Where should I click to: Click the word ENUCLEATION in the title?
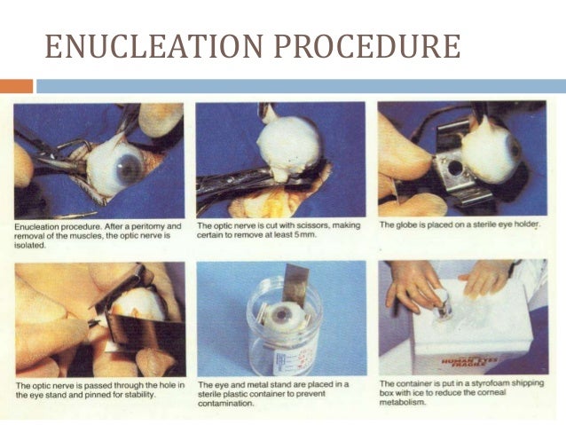pos(151,47)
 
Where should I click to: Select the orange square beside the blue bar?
pos(15,86)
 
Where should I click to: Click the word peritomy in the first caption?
pos(135,226)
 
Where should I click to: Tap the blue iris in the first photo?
pos(130,167)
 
